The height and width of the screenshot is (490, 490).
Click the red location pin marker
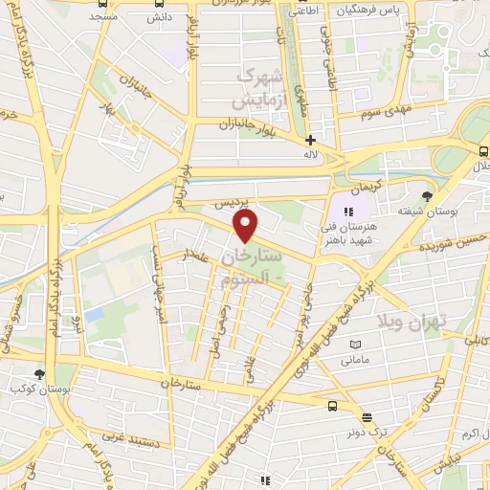(x=246, y=227)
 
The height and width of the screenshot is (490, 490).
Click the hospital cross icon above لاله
(x=310, y=140)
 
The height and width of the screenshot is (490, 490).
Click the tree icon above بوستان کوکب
(x=39, y=374)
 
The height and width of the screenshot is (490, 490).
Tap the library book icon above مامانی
(x=356, y=345)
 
